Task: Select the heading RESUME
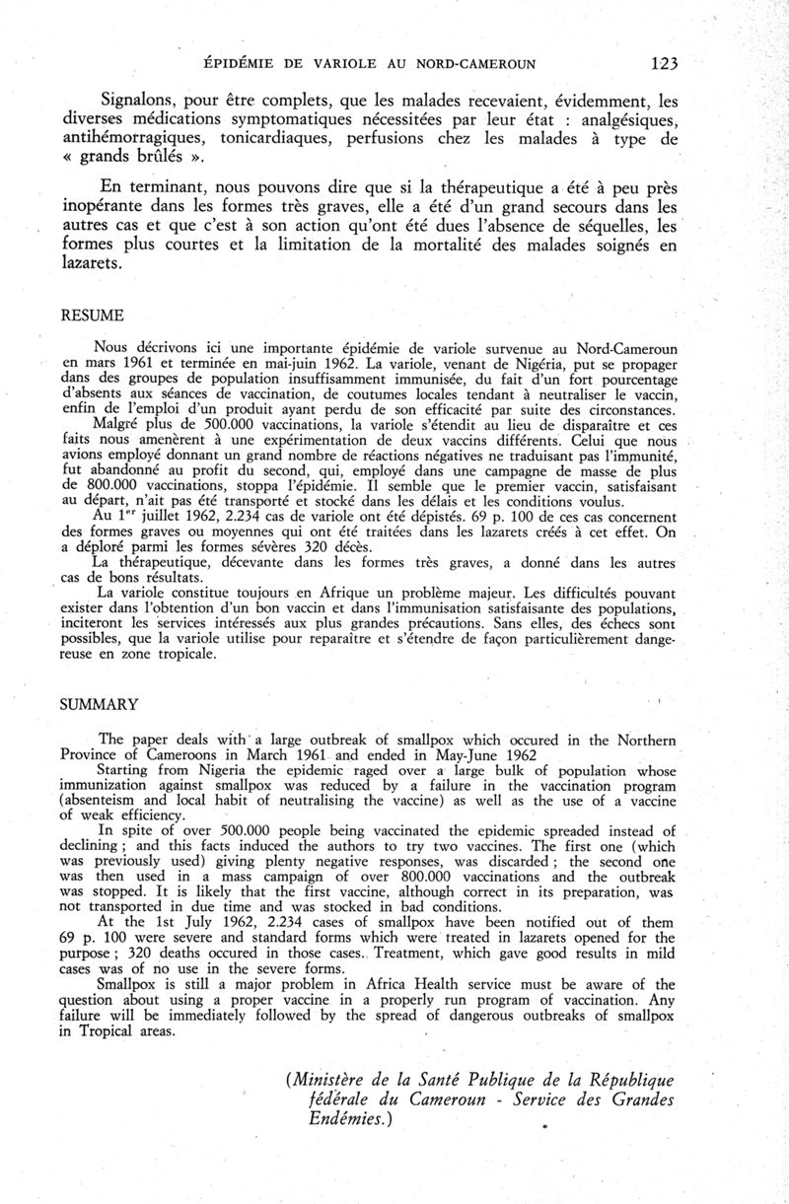[x=93, y=316]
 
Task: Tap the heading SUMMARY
[x=99, y=705]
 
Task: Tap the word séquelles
[x=605, y=226]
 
